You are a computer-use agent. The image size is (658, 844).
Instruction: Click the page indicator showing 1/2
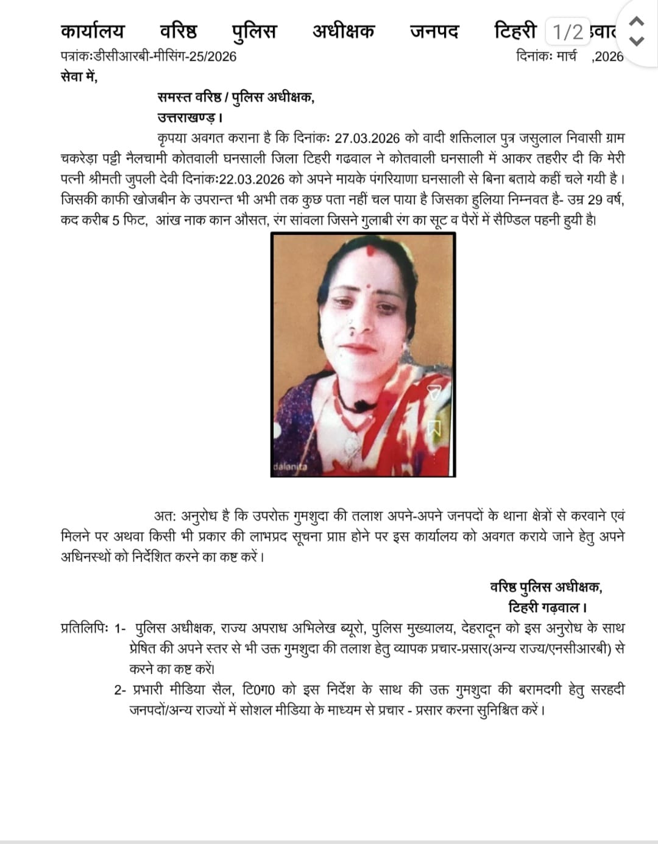(x=568, y=31)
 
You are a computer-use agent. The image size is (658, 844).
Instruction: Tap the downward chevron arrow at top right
(x=636, y=41)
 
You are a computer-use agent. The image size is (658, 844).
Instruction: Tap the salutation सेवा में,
(x=79, y=77)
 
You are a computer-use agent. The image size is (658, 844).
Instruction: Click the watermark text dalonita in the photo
(x=290, y=468)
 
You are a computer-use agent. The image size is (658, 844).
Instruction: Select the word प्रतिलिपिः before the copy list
(x=84, y=628)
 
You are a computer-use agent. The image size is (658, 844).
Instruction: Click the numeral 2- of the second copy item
(x=121, y=690)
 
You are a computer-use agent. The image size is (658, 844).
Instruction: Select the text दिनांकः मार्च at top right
(x=546, y=57)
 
